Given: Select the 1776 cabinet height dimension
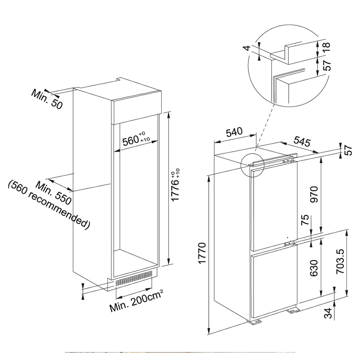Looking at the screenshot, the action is (x=176, y=185).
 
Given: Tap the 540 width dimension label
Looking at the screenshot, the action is (x=234, y=132).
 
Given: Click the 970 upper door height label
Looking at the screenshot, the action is (x=314, y=194).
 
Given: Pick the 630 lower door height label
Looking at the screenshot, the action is (x=314, y=268).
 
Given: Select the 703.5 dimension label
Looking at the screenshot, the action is (x=340, y=262).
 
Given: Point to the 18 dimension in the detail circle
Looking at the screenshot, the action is (x=326, y=47).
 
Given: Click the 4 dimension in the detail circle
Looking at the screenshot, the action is (x=247, y=48).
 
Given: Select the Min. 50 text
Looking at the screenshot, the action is (x=47, y=99).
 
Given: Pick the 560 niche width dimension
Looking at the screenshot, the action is (x=136, y=139).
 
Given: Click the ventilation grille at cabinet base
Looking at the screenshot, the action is (x=134, y=278).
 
